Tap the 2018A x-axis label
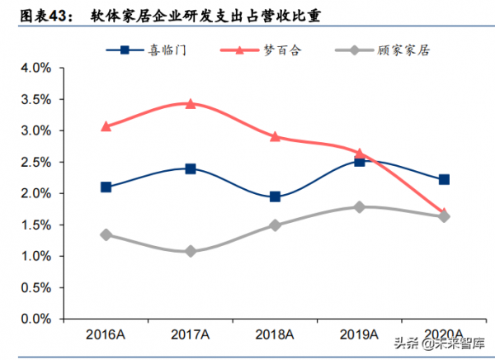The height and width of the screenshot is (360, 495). tap(275, 334)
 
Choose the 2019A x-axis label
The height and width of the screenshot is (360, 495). tap(359, 334)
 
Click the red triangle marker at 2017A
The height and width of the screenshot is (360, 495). tap(191, 104)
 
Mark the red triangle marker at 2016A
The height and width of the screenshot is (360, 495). tap(106, 126)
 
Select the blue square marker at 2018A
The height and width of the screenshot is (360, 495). tap(275, 197)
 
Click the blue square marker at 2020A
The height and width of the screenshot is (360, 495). tap(444, 179)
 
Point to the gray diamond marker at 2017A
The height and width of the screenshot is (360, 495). tap(191, 251)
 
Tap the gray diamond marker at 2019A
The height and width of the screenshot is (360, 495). tap(359, 206)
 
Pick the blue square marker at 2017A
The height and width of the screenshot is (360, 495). tap(191, 168)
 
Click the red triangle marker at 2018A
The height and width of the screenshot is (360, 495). tap(275, 136)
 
